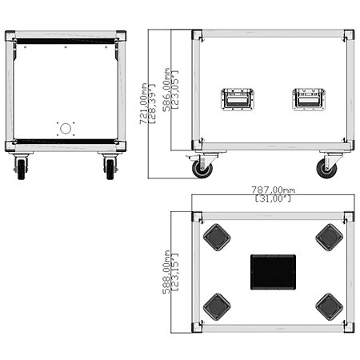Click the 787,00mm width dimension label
pyautogui.click(x=274, y=190)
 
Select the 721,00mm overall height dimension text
pyautogui.click(x=143, y=104)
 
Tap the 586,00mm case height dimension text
pyautogui.click(x=166, y=90)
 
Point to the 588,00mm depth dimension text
pyautogui.click(x=166, y=272)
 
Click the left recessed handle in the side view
pyautogui.click(x=238, y=99)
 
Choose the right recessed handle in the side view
pyautogui.click(x=309, y=99)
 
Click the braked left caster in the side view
pyautogui.click(x=202, y=165)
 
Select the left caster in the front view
pyautogui.click(x=21, y=166)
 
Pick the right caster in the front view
pyautogui.click(x=110, y=166)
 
